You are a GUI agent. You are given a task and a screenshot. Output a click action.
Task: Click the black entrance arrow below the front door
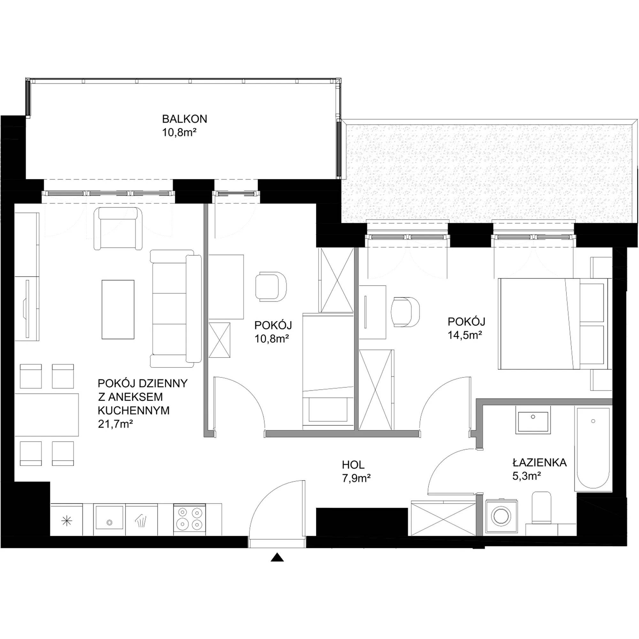(x=277, y=557)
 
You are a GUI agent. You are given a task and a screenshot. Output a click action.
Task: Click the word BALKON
(x=185, y=119)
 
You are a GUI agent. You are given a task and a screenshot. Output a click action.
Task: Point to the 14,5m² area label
(x=464, y=335)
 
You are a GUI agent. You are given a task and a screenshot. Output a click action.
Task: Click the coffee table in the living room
(x=118, y=310)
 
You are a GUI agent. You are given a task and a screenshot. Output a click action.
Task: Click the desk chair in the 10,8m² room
(x=271, y=286)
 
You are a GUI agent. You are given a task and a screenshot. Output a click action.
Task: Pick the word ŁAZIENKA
(x=540, y=462)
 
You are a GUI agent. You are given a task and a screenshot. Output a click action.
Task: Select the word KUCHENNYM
(x=134, y=411)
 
